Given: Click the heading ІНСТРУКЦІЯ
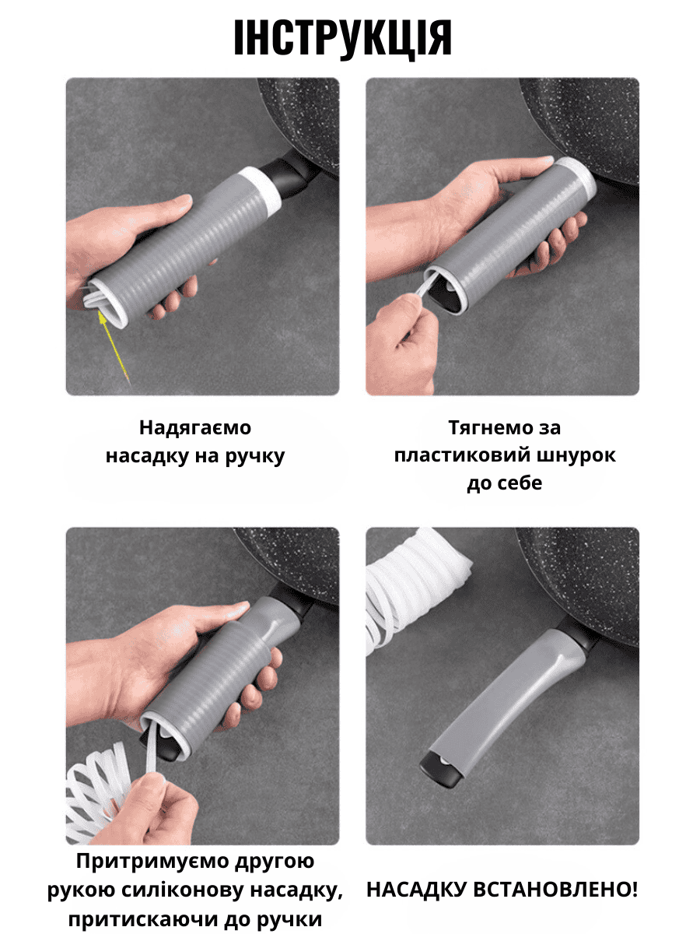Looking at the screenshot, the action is pos(342,38).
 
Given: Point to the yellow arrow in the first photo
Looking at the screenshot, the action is pos(114,346).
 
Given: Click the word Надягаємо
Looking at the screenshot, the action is pos(195,427).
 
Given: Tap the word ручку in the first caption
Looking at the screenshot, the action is pos(255,456).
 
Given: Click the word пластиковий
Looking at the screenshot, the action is pos(457,455).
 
